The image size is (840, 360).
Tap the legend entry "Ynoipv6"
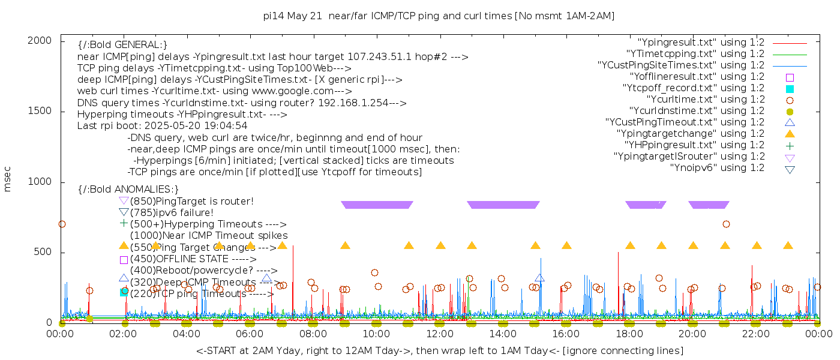[x=717, y=168]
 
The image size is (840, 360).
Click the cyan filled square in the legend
[x=790, y=89]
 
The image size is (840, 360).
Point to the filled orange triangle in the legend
[x=790, y=134]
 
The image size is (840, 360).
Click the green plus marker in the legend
[x=790, y=145]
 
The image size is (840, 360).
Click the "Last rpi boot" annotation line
[x=163, y=126]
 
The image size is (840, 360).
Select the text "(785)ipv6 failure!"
[x=171, y=212]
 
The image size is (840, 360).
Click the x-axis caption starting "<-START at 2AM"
[x=439, y=350]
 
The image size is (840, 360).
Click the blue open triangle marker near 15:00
[x=539, y=278]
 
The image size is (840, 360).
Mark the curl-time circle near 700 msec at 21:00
[x=726, y=224]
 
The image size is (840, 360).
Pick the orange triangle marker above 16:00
[x=566, y=245]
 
